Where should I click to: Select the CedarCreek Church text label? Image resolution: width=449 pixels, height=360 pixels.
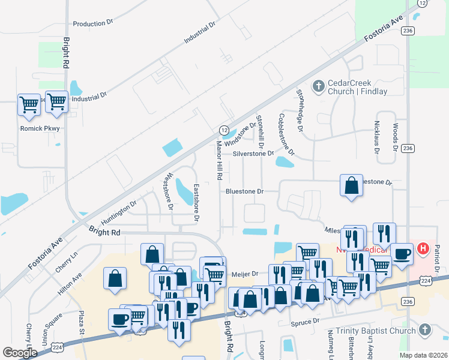click(x=358, y=88)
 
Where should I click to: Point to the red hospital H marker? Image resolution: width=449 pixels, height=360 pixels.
click(x=423, y=247)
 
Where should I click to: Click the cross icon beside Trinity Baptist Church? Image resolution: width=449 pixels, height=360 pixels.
click(x=425, y=331)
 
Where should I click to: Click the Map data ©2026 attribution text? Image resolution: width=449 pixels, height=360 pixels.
click(x=423, y=355)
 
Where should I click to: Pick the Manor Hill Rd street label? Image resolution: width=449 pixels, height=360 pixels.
click(x=220, y=161)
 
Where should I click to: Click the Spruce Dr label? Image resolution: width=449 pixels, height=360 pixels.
click(x=307, y=322)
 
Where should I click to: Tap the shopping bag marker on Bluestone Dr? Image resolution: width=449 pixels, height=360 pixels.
click(x=351, y=186)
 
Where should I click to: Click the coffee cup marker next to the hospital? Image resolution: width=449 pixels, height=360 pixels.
click(x=402, y=254)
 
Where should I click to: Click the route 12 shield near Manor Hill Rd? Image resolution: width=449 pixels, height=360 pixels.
click(x=223, y=130)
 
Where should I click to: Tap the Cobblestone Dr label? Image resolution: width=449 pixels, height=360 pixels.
click(x=286, y=135)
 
